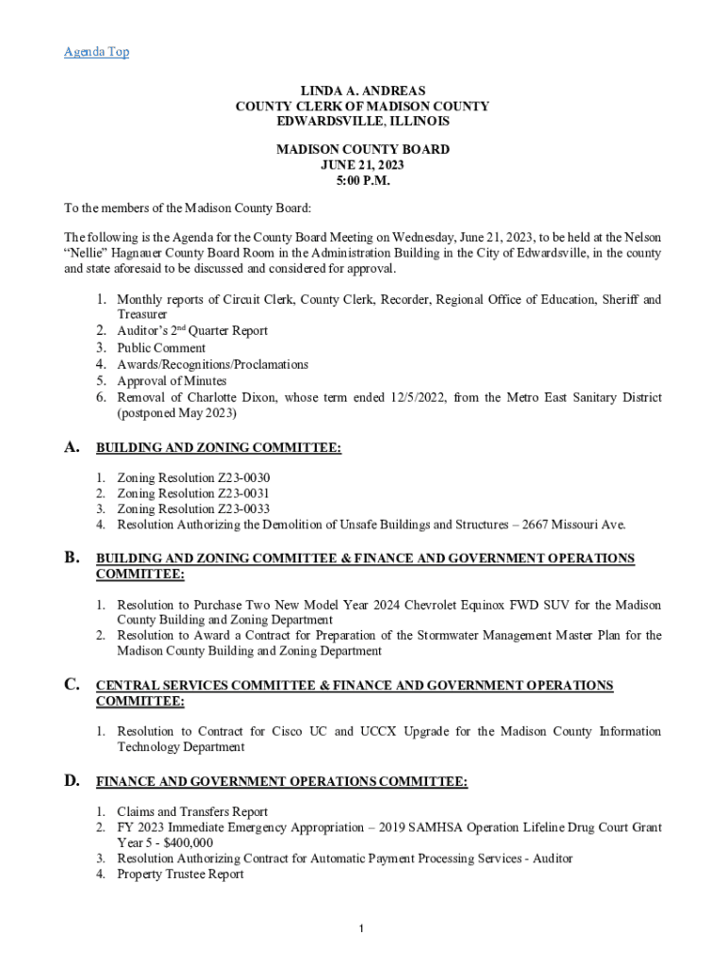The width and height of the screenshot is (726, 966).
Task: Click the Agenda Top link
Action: pos(96,52)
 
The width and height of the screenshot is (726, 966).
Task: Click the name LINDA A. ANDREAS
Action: pos(362,92)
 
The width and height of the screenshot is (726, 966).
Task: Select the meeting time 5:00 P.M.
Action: pos(362,181)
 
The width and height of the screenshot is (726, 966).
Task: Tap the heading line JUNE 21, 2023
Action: pos(362,165)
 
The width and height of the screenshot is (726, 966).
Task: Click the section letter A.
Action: pos(72,447)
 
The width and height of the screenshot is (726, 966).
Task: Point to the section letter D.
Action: pos(72,780)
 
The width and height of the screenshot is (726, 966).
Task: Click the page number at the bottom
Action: pos(361,930)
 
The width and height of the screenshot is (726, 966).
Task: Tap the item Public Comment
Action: pos(161,348)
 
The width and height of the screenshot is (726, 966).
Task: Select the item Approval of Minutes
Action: pos(172,381)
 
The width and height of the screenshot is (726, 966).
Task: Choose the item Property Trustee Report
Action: pos(180,874)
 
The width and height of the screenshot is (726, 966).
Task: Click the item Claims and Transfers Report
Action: pos(192,812)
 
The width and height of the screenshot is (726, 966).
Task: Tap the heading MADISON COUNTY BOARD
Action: pos(362,150)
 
